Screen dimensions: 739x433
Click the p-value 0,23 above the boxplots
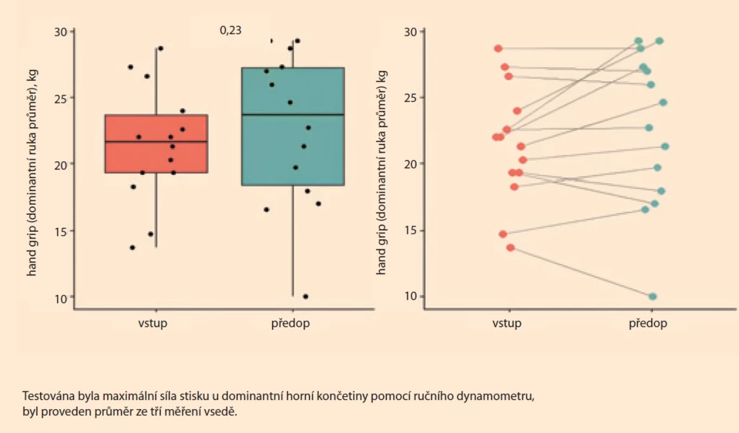pos(231,30)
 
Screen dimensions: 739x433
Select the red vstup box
pos(157,143)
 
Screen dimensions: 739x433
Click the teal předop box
pos(293,127)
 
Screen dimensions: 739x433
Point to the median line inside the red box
pos(157,141)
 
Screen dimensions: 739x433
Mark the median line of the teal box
pos(293,115)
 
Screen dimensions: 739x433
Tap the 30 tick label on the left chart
pos(60,32)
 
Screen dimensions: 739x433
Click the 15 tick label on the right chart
pos(410,231)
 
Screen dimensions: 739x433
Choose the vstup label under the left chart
pos(153,323)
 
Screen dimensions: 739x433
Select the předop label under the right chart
pos(648,323)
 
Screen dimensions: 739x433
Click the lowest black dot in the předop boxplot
pos(306,297)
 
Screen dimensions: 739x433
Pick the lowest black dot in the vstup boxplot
pos(132,248)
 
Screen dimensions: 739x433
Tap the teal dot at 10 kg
pos(652,297)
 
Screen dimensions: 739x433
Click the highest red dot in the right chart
pos(498,49)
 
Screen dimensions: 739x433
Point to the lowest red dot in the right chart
pos(511,248)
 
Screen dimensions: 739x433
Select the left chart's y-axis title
pos(32,173)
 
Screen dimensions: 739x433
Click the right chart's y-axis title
pos(381,173)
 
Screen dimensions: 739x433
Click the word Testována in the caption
pos(49,396)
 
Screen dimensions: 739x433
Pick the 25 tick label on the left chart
pos(60,99)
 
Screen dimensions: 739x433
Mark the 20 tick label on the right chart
pos(410,164)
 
